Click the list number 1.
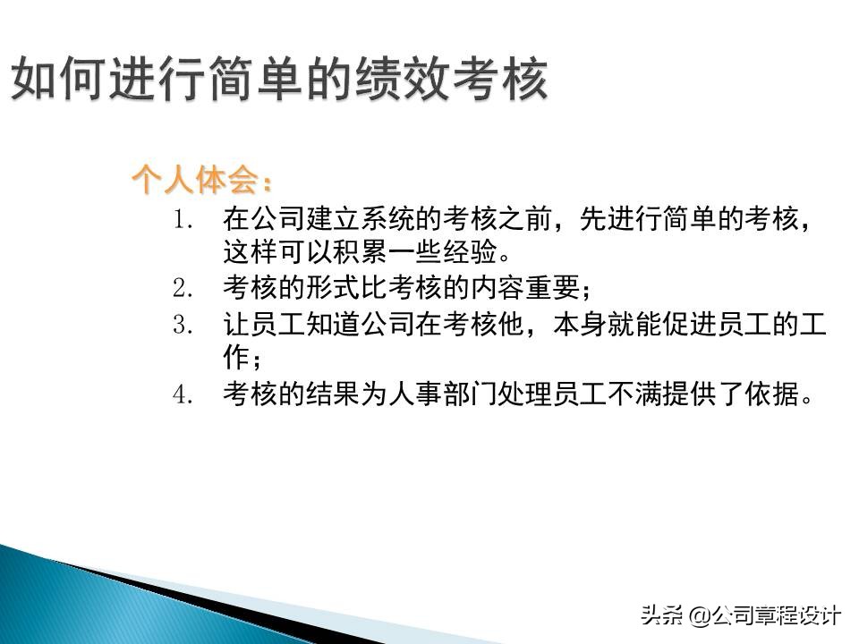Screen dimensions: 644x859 (183, 219)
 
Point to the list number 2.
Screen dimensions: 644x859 (183, 289)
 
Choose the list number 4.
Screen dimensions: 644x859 (183, 394)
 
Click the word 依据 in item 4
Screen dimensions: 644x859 (775, 394)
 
